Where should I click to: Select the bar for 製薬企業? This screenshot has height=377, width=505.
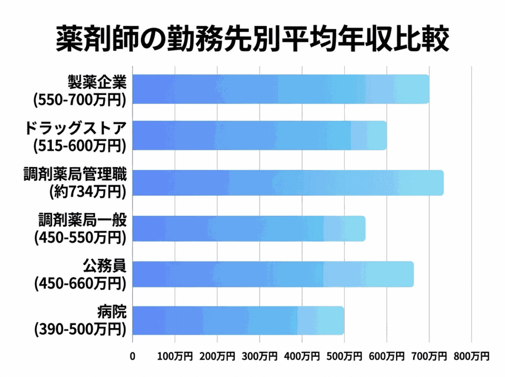point(281,89)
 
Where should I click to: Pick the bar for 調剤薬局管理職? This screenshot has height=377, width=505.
point(288,182)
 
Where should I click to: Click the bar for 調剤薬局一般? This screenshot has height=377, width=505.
point(249,228)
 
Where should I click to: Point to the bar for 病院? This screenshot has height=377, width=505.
point(238,320)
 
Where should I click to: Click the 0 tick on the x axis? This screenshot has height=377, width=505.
point(132,355)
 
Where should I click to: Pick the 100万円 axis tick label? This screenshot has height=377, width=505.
point(175,355)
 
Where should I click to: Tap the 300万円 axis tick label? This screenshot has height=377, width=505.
point(259,355)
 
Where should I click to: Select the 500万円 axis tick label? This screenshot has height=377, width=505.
point(344,355)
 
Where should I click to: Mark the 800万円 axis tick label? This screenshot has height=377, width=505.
point(471,355)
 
